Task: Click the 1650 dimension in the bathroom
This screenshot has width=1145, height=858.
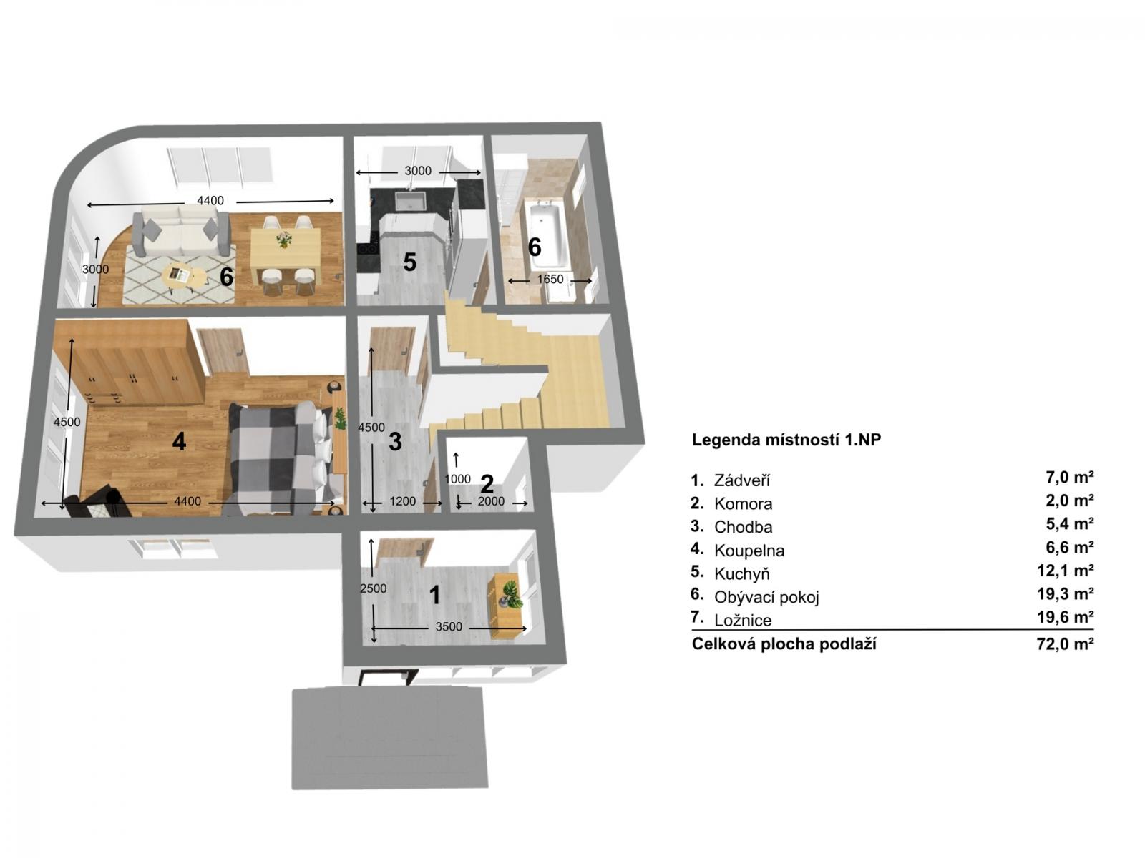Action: tap(550, 280)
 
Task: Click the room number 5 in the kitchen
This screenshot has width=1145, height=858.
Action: tap(409, 262)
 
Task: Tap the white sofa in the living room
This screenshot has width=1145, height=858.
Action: tap(181, 232)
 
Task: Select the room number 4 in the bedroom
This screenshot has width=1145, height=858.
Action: tap(179, 441)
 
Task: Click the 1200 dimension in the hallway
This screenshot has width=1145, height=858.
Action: tap(403, 501)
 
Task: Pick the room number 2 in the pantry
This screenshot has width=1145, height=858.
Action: tap(487, 484)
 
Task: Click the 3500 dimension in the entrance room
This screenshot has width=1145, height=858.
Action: tap(449, 627)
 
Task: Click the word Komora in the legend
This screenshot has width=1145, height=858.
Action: tap(743, 504)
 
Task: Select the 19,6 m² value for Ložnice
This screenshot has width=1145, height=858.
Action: tap(1065, 617)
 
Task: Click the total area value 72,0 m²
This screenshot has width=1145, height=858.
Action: tap(1065, 644)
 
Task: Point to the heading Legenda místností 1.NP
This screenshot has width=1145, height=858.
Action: tap(786, 440)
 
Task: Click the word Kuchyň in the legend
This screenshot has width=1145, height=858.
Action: tap(742, 573)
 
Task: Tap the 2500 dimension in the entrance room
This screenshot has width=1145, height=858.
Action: tap(373, 588)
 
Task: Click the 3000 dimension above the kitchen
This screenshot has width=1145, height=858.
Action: tap(418, 171)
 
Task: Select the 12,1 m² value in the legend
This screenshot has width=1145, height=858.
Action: tap(1065, 571)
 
